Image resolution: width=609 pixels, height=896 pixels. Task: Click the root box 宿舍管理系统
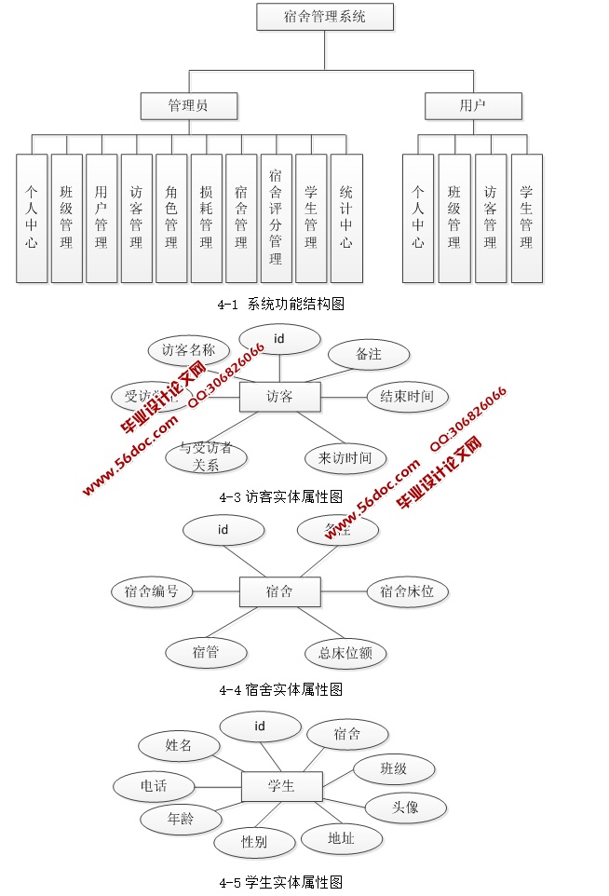[325, 17]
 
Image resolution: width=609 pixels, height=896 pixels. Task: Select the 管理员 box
[188, 106]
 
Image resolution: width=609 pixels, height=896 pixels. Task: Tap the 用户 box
[473, 106]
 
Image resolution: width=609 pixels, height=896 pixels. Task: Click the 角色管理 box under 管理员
[171, 218]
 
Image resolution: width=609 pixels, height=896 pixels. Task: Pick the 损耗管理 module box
[206, 218]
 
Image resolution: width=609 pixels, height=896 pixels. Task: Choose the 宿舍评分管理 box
[276, 218]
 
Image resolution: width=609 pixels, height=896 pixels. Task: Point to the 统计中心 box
[345, 218]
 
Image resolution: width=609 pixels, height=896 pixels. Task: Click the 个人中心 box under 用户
[418, 218]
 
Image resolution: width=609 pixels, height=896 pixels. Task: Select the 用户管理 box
[101, 218]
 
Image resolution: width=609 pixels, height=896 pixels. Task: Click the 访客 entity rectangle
[279, 397]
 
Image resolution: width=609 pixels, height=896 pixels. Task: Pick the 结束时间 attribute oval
[407, 396]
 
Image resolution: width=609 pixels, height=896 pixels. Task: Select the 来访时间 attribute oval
[345, 457]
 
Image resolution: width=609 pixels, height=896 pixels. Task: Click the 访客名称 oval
[188, 350]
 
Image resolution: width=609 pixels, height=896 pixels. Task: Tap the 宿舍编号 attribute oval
[152, 591]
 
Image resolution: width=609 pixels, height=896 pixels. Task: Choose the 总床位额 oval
[345, 653]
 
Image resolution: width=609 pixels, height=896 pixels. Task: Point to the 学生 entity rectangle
[281, 786]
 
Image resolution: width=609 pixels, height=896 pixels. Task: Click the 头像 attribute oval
[405, 807]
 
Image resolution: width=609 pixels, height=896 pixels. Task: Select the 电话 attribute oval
[154, 786]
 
